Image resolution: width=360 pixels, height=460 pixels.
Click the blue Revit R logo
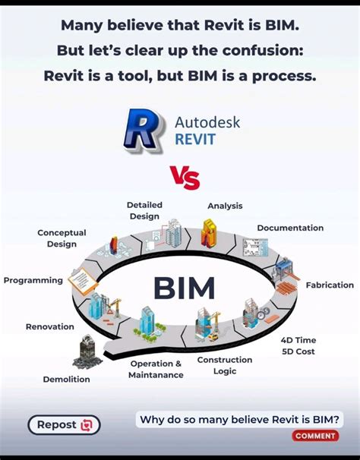[x=143, y=132]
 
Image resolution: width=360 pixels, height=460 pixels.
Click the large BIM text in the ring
[x=184, y=288]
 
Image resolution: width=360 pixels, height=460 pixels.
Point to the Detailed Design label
[x=144, y=210]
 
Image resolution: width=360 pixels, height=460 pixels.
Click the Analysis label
[x=225, y=206]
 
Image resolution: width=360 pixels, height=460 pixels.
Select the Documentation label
[x=290, y=228]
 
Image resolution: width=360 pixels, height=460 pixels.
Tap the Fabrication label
[x=330, y=285]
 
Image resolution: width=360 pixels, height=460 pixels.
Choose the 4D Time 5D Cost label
[x=298, y=346]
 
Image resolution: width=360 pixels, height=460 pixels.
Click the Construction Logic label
[x=225, y=365]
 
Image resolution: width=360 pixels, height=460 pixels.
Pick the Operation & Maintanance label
[x=156, y=370]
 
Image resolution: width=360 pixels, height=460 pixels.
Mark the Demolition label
[x=66, y=379]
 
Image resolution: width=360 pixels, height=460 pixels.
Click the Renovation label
[x=50, y=326]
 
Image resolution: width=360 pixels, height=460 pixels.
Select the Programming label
[x=33, y=280]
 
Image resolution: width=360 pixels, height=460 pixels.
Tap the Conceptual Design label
[x=62, y=238]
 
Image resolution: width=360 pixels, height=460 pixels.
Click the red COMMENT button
[x=315, y=436]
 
